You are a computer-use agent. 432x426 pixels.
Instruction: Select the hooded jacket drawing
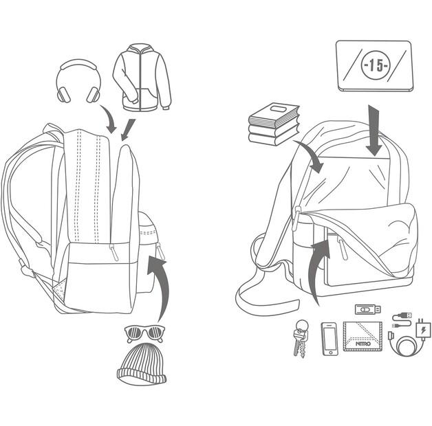(x=141, y=77)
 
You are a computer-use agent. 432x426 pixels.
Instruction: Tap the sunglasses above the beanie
(x=144, y=334)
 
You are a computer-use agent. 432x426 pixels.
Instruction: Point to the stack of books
(x=274, y=124)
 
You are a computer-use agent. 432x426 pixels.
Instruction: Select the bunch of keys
(x=301, y=338)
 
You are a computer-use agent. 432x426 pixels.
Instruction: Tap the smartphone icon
(x=330, y=339)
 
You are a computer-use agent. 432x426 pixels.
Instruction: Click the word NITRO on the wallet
(x=365, y=341)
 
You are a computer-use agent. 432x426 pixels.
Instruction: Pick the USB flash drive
(x=367, y=310)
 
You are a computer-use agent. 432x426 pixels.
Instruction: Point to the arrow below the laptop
(x=375, y=131)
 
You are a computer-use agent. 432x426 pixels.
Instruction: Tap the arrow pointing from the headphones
(x=109, y=118)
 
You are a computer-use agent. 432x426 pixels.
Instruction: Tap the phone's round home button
(x=330, y=352)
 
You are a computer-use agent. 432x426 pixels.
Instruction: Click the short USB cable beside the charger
(x=402, y=317)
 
